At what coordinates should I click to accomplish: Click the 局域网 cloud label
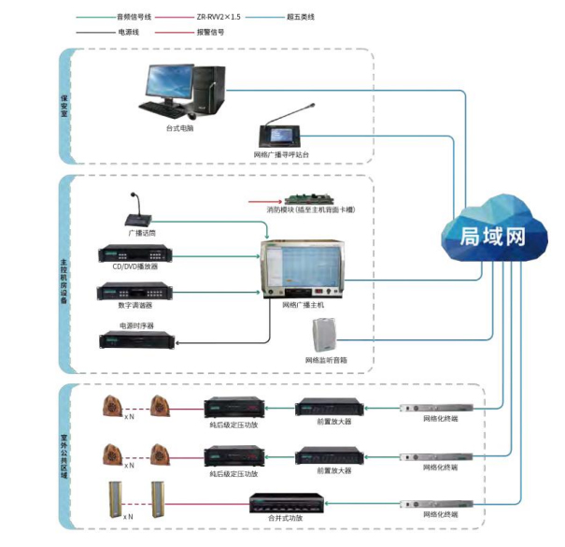(491, 237)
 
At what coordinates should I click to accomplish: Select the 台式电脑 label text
(180, 128)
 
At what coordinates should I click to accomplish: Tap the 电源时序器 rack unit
(136, 339)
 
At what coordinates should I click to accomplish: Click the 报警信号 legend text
(211, 32)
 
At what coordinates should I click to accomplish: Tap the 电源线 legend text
(130, 32)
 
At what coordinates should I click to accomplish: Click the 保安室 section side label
(64, 102)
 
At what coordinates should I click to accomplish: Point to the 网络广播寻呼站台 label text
(281, 153)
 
